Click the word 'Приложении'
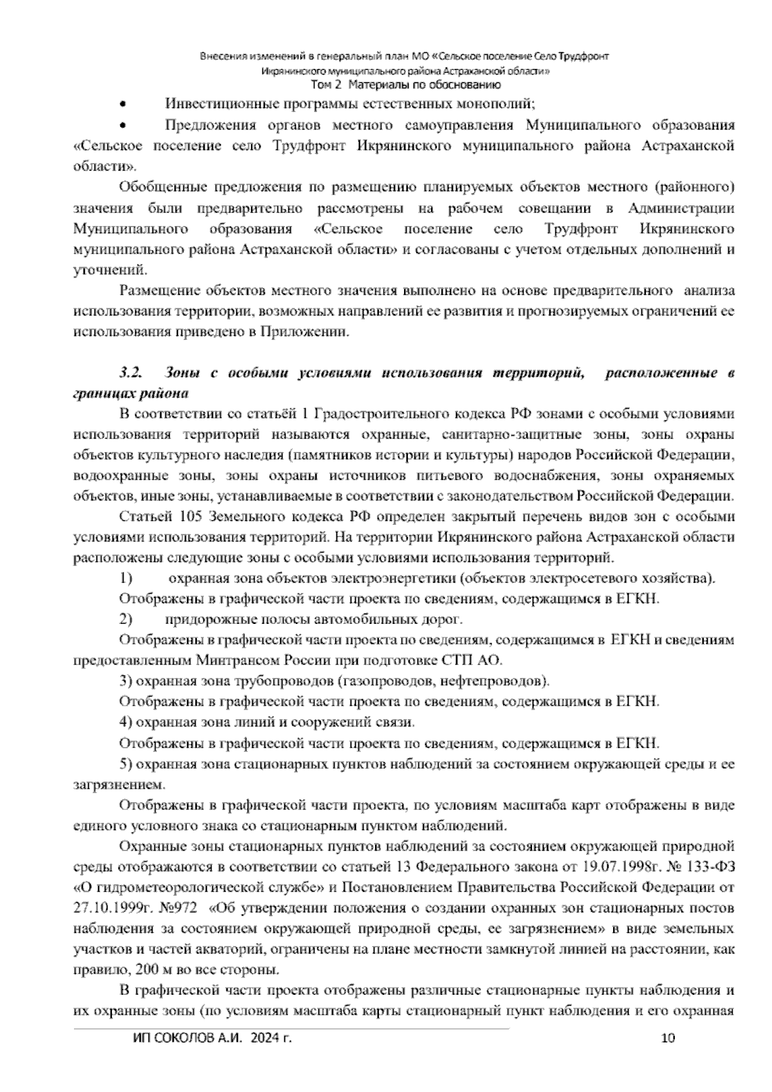click(304, 332)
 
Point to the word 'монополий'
click(502, 104)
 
